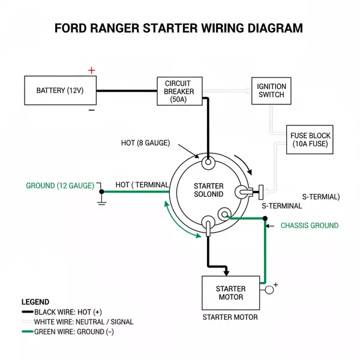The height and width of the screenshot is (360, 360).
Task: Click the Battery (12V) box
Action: [x=60, y=91]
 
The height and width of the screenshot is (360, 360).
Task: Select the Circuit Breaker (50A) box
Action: [x=179, y=91]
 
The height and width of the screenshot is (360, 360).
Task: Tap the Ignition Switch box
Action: [x=271, y=91]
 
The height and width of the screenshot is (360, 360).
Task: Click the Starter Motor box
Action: [x=230, y=293]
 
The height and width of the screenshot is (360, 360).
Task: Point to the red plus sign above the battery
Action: [x=91, y=70]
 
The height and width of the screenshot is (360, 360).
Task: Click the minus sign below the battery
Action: [x=91, y=110]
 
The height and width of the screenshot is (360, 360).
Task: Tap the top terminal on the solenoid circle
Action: [x=208, y=162]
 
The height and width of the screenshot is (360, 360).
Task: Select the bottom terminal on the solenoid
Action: [x=208, y=224]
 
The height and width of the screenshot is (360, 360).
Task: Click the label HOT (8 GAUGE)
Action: [x=145, y=143]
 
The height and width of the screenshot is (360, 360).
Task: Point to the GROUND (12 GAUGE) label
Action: [x=60, y=186]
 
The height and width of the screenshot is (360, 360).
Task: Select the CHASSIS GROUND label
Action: [x=310, y=226]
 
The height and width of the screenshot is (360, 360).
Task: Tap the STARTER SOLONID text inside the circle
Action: [x=208, y=190]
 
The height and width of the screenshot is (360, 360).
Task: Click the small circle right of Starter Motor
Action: [x=269, y=290]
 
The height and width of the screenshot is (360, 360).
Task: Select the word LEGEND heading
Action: [x=35, y=302]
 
